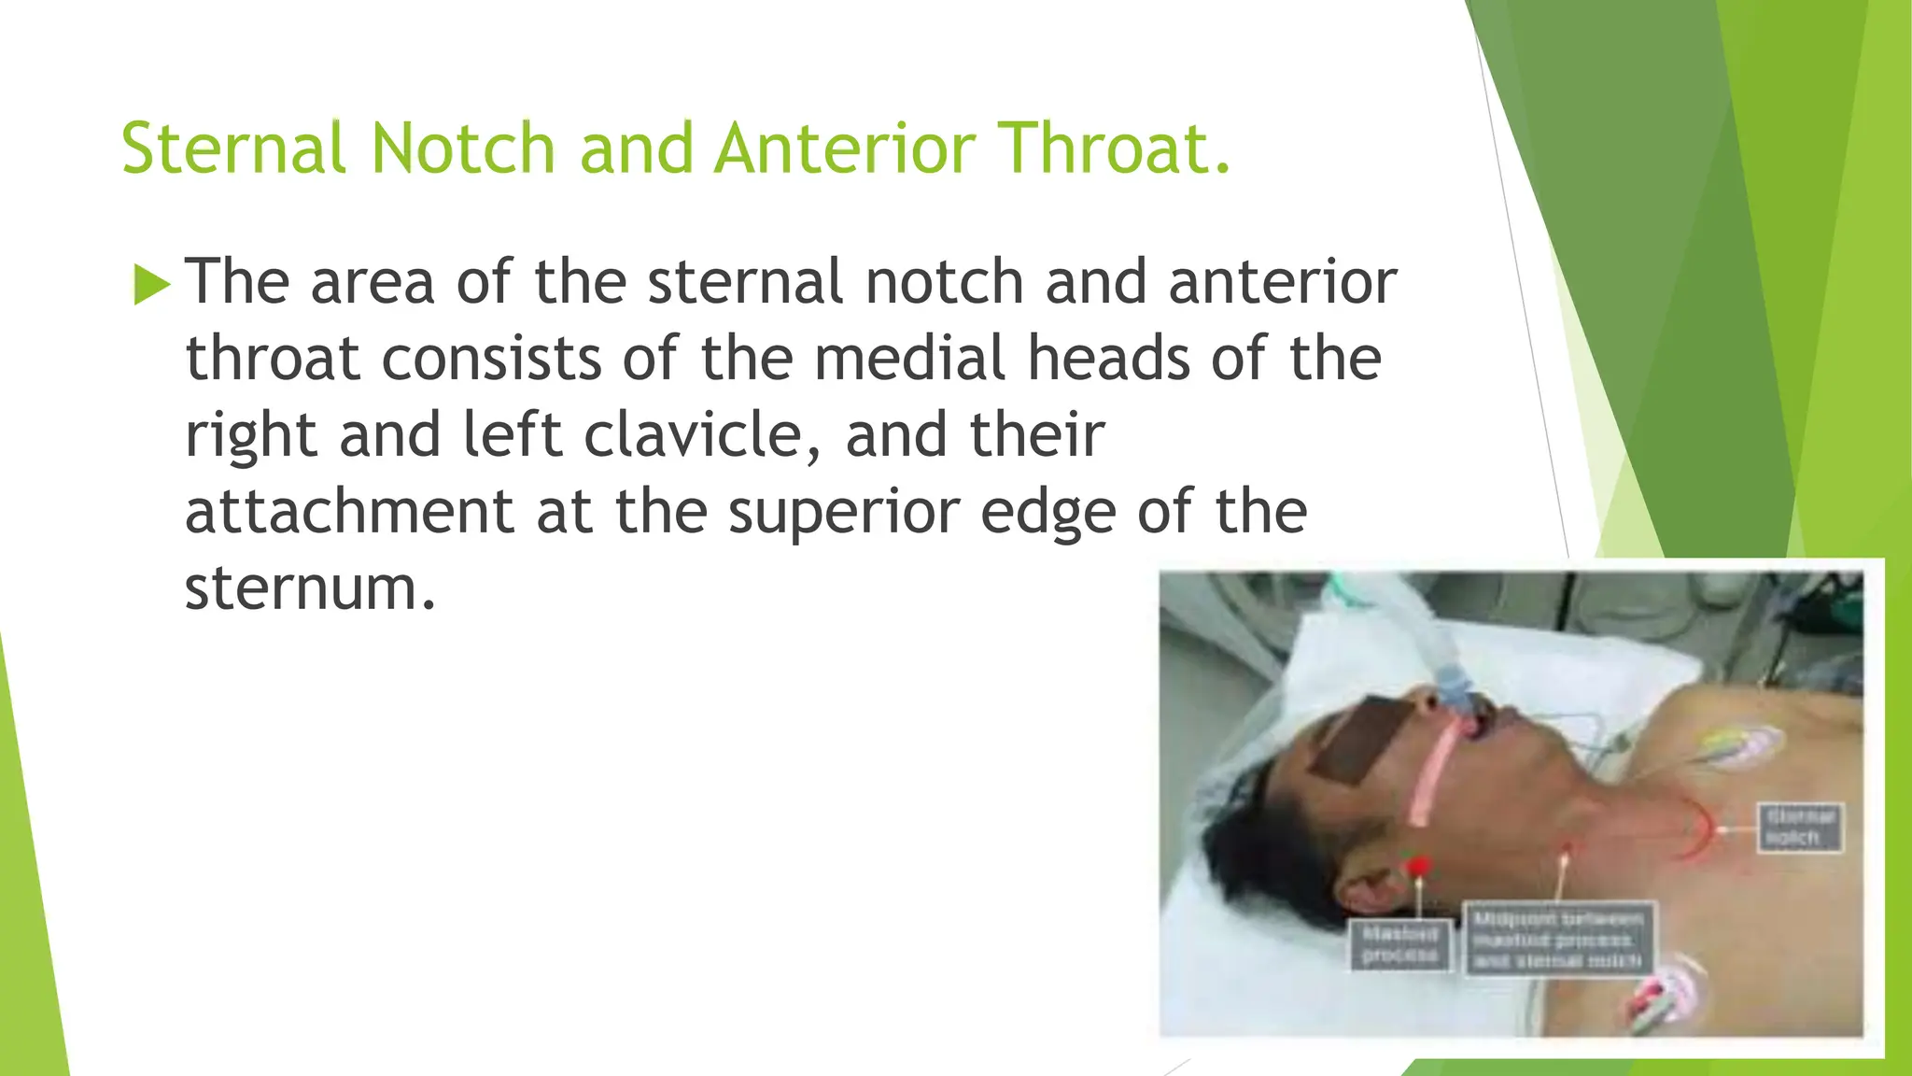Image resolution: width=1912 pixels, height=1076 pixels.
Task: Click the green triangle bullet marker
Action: coord(151,284)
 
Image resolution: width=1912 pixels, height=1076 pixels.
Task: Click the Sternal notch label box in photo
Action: coord(1800,828)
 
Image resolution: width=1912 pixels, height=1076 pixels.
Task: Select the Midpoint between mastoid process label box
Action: coord(1558,938)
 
